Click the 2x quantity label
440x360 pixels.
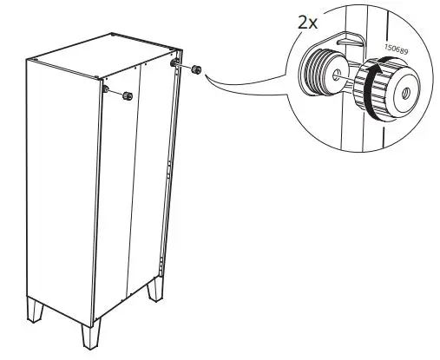pyautogui.click(x=308, y=22)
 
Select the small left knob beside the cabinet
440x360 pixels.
pyautogui.click(x=127, y=95)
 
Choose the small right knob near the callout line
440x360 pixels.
pyautogui.click(x=195, y=69)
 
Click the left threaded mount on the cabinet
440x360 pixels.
pyautogui.click(x=106, y=88)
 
